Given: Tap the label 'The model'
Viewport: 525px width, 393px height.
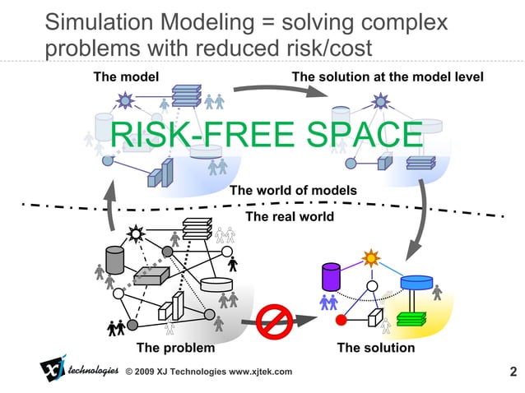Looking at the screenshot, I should (x=120, y=77).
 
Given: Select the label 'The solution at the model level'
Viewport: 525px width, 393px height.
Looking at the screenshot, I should (x=387, y=77).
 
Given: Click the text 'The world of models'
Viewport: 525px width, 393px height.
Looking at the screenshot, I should (x=293, y=191).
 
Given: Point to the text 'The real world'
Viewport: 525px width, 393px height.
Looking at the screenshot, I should (x=290, y=217).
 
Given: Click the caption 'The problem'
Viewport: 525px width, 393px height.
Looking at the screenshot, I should (x=175, y=348).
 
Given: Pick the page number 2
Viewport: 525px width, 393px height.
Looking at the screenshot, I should (x=513, y=372).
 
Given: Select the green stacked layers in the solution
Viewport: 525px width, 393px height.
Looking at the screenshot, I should (x=409, y=317).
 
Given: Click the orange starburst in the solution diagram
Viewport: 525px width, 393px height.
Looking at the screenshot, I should (x=372, y=257).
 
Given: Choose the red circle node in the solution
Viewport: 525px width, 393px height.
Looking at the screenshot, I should (x=341, y=320).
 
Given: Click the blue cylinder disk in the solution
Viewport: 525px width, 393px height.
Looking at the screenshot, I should (x=416, y=282).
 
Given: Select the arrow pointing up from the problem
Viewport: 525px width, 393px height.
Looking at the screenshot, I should (x=110, y=209).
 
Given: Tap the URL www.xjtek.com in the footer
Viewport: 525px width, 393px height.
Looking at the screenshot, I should (x=260, y=372).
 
